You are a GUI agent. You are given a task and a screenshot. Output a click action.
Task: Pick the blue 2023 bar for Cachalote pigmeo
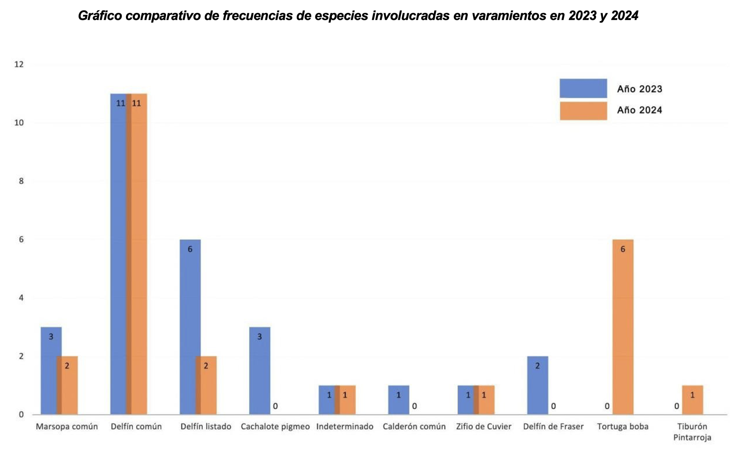coord(259,372)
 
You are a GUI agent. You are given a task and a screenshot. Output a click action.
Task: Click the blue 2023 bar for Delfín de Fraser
coord(537,387)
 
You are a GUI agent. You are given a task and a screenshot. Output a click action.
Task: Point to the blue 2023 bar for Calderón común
coord(398,401)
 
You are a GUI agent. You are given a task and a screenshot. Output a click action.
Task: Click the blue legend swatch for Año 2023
coord(583,88)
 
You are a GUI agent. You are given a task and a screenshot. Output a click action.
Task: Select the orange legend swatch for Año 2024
coord(583,111)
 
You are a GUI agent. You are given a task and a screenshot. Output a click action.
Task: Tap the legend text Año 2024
coord(639,110)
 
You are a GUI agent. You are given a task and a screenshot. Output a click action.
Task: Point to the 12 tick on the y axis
coord(19,64)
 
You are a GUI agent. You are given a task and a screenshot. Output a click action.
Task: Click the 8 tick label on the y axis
coord(21,181)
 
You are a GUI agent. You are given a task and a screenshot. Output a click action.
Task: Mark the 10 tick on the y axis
coord(19,123)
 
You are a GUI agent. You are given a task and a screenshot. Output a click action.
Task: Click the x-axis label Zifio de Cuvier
coord(483,427)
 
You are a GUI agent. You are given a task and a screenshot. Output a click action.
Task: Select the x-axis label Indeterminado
coord(345,427)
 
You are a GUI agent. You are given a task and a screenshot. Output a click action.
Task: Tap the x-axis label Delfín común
coord(136,427)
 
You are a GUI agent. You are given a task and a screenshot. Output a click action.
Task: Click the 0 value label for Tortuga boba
coord(607,406)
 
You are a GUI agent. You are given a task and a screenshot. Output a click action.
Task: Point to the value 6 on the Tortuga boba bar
coord(623,249)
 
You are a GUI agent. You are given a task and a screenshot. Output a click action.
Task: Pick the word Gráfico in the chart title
coord(100,16)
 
